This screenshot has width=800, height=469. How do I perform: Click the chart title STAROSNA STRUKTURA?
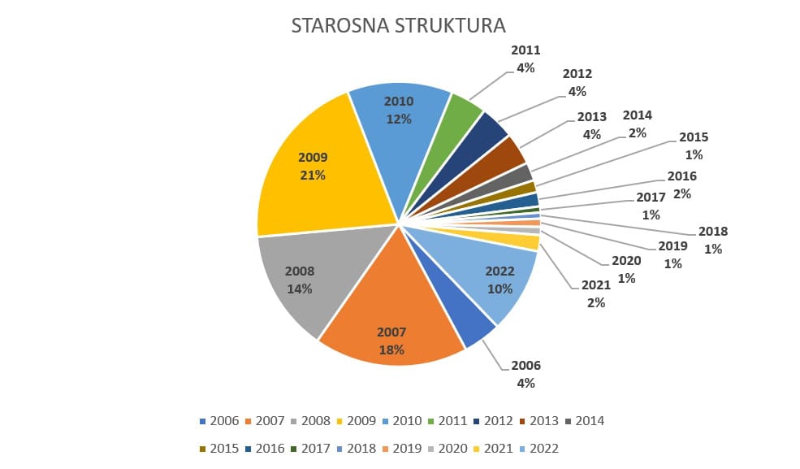398,25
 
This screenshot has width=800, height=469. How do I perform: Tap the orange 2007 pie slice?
390,317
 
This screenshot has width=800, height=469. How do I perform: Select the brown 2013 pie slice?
507,154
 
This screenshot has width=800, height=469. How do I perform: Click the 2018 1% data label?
713,240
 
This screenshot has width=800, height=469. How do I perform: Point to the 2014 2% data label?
637,124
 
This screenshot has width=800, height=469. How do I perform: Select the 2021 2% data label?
594,294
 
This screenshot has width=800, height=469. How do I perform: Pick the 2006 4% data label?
525,374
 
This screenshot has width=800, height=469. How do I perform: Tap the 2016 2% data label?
681,184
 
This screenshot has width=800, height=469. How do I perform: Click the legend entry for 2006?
219,421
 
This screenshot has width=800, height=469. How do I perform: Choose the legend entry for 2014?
585,421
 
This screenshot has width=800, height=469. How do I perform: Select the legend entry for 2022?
538,449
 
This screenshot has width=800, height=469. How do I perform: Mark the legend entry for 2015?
219,449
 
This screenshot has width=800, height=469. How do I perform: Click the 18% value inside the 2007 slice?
391,349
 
